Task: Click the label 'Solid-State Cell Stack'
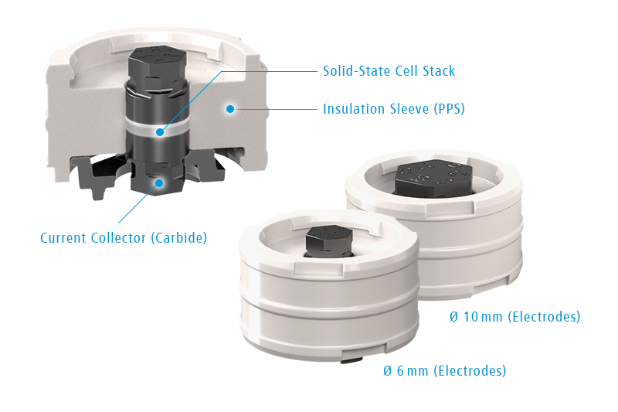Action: (x=389, y=71)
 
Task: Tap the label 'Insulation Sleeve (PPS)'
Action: (x=394, y=109)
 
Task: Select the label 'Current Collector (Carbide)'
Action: (x=124, y=238)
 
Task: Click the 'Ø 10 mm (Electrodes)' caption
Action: (x=514, y=317)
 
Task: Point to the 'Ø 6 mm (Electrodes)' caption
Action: (x=445, y=370)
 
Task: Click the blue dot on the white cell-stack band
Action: (x=160, y=132)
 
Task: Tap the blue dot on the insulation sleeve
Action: (x=230, y=108)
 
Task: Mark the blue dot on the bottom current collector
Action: (x=159, y=183)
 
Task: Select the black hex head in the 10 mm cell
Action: (x=433, y=179)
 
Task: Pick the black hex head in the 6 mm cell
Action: (x=330, y=240)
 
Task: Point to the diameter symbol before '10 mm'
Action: (x=454, y=317)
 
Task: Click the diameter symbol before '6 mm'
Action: (x=388, y=370)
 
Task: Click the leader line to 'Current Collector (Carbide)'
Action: (x=138, y=203)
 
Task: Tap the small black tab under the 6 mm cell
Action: (x=352, y=360)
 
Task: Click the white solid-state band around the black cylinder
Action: (x=158, y=126)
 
